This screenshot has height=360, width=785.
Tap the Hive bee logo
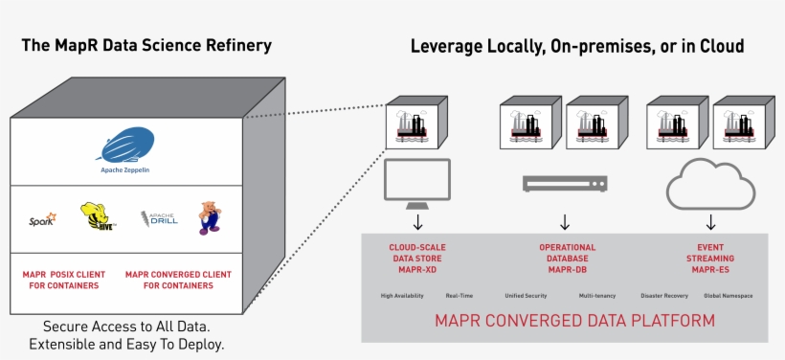pos(98,217)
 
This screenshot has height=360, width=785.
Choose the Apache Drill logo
pos(158,219)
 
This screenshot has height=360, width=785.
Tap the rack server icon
pos(565,182)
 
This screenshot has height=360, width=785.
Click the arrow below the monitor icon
pos(417,223)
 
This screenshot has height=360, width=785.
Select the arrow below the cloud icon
pos(711,223)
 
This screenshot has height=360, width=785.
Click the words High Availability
pos(401,296)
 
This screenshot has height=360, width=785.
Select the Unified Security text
pos(525,296)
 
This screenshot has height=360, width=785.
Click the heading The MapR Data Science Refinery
pos(147,46)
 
